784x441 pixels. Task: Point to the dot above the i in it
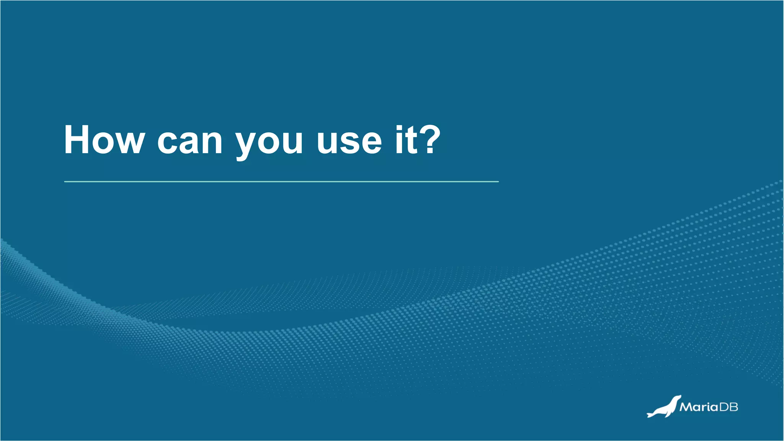pos(399,128)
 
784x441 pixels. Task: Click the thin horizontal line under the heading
pos(281,181)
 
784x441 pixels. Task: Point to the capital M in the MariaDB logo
pos(686,407)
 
